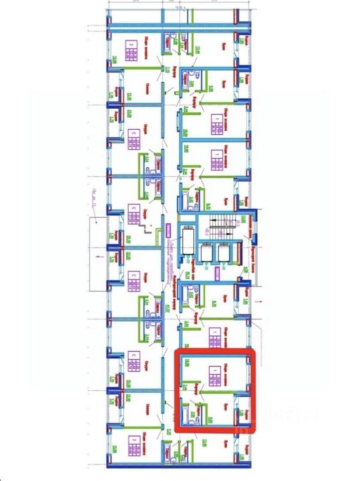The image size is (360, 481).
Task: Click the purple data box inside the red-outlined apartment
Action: (x=215, y=376)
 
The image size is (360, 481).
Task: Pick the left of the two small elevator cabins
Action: (x=206, y=253)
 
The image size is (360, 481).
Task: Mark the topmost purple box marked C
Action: (x=134, y=139)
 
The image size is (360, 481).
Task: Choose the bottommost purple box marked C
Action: (x=134, y=362)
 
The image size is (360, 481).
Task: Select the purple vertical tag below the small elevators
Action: (x=217, y=273)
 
